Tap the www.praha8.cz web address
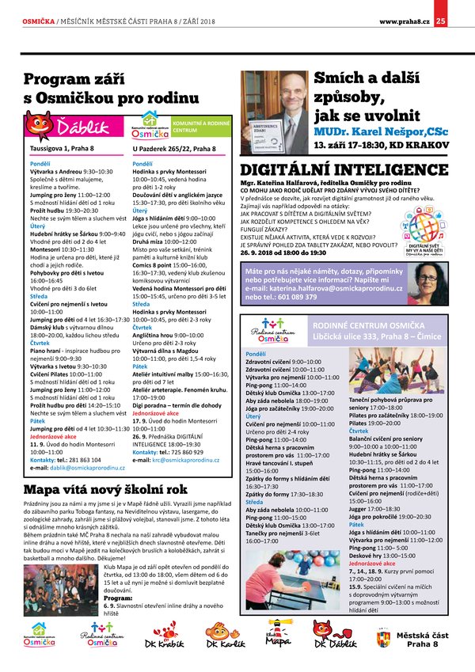(404, 21)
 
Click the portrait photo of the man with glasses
(275, 113)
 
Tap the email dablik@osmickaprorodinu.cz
(74, 467)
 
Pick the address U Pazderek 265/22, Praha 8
(174, 148)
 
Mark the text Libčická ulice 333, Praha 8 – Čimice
(364, 336)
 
